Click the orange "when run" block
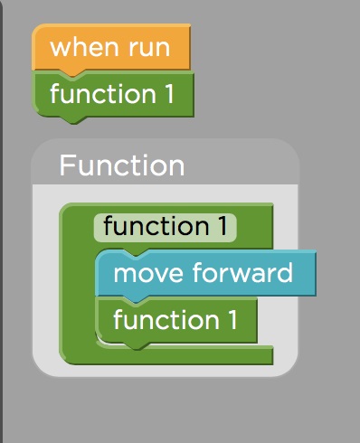click(x=110, y=47)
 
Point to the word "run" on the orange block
click(x=147, y=47)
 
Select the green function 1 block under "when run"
click(x=112, y=94)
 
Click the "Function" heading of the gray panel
click(x=121, y=165)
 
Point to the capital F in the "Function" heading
click(x=67, y=165)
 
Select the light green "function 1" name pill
click(x=165, y=226)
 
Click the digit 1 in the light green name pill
click(x=222, y=226)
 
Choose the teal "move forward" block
click(x=204, y=273)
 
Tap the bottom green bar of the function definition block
click(x=181, y=356)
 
